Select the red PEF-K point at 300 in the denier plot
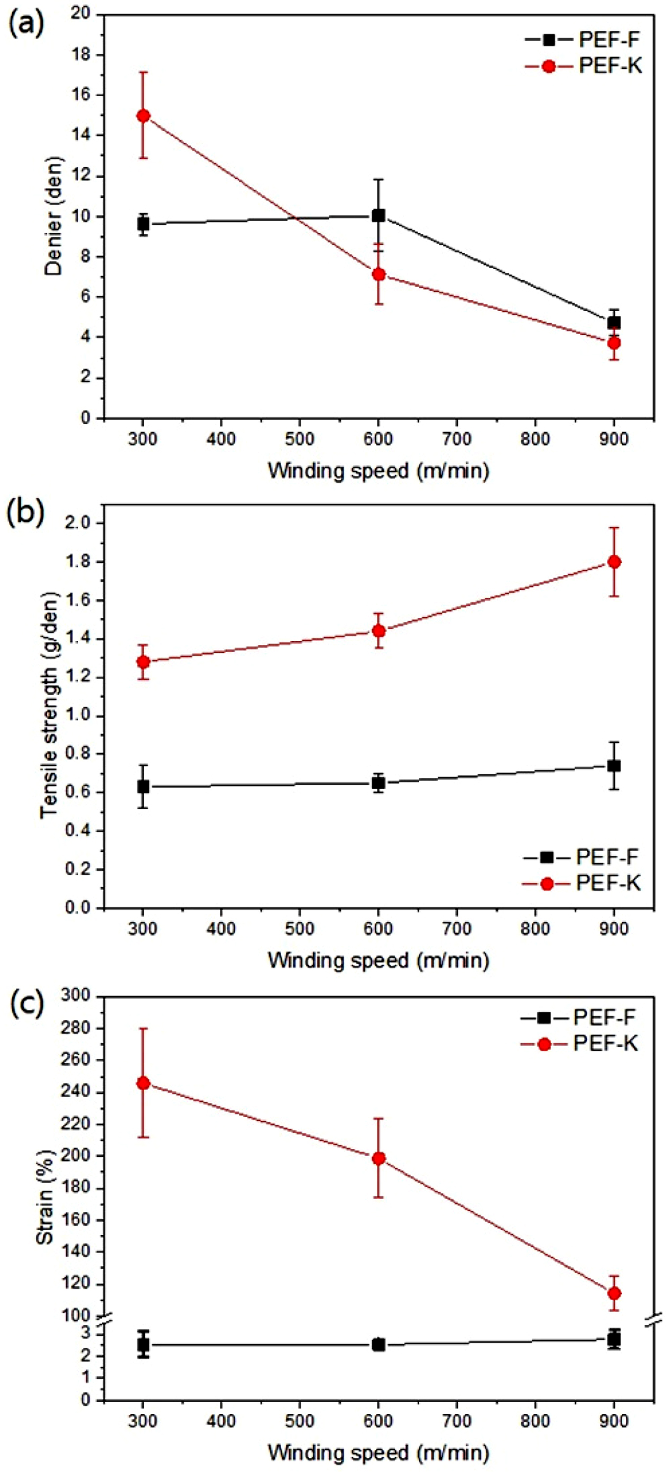point(143,115)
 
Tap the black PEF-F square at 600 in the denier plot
point(378,215)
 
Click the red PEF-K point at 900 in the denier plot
point(614,343)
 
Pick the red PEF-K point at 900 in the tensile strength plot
point(614,562)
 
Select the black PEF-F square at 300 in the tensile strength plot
point(143,787)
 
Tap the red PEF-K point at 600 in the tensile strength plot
point(378,631)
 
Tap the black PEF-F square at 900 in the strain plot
point(614,1340)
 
